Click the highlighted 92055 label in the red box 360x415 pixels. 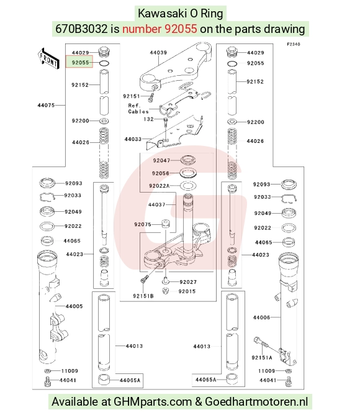click(x=80, y=63)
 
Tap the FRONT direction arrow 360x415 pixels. click(x=48, y=59)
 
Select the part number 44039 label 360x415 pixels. click(x=158, y=52)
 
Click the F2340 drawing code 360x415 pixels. click(x=294, y=44)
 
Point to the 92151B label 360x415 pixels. click(x=143, y=296)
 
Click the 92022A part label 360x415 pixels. click(x=160, y=186)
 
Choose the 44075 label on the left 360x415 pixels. click(x=46, y=105)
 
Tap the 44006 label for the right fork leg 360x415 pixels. click(x=261, y=317)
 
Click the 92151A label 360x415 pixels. click(x=262, y=358)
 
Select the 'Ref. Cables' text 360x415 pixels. click(x=138, y=109)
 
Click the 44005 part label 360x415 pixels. click(x=74, y=306)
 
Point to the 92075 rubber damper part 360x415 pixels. click(x=166, y=224)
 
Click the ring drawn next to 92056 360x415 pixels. click(x=188, y=173)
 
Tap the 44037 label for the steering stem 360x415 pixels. click(x=156, y=204)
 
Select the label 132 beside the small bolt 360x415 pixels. click(x=149, y=119)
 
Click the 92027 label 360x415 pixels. click(x=188, y=282)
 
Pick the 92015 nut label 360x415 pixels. click(x=187, y=291)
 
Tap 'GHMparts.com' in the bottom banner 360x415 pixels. click(x=152, y=402)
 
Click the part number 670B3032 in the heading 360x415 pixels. click(x=81, y=29)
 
